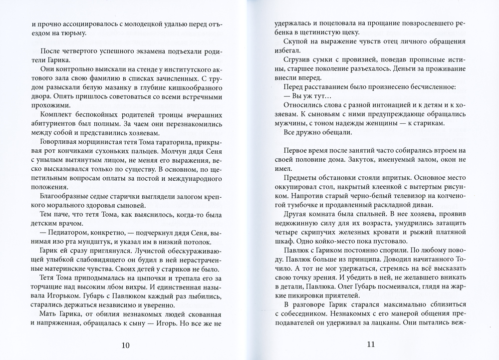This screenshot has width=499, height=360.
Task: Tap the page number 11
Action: point(371,344)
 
